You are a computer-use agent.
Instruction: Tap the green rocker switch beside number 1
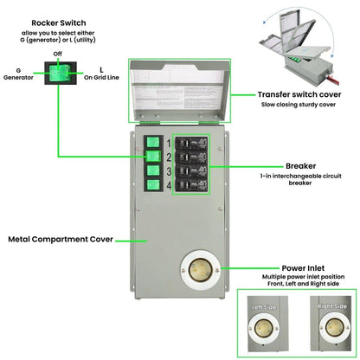click(x=152, y=140)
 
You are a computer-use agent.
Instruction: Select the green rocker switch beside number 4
click(x=152, y=185)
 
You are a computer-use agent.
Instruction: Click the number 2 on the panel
click(x=169, y=156)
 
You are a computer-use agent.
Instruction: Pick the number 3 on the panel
click(x=169, y=170)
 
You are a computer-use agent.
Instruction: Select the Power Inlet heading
click(x=303, y=268)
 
